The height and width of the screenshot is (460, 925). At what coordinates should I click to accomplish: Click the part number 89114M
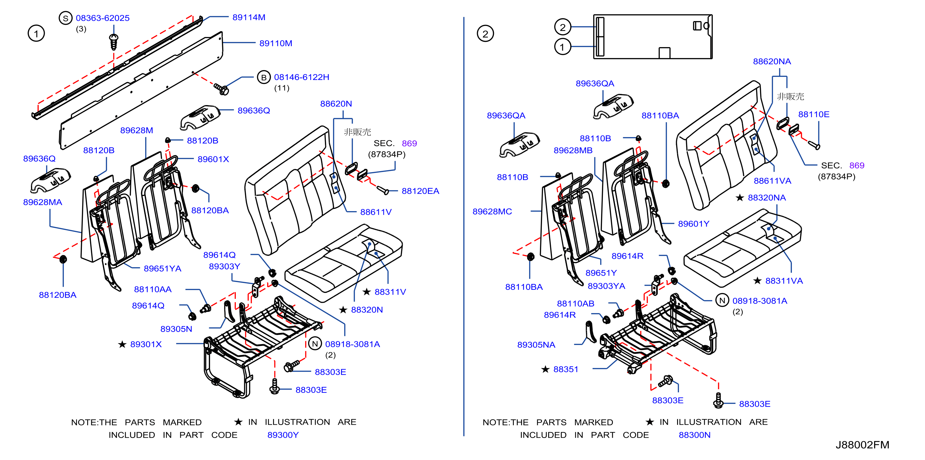[249, 17]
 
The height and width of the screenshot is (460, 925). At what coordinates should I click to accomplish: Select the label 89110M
[276, 43]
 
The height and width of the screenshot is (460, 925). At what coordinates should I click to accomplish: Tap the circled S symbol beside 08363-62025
[65, 18]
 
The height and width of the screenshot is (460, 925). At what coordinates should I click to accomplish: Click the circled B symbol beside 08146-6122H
[263, 77]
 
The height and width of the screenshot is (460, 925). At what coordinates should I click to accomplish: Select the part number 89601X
[213, 159]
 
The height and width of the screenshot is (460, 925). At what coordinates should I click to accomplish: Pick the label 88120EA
[420, 191]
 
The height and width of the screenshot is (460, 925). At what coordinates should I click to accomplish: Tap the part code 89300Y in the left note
[283, 435]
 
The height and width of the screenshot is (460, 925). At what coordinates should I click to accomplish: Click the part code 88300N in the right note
[694, 435]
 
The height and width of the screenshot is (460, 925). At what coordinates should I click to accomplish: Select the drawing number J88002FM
[862, 445]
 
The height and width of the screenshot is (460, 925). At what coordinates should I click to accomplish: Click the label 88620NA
[772, 61]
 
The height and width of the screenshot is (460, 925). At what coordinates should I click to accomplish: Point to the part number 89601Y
[694, 224]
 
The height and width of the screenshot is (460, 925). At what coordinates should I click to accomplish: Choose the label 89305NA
[536, 345]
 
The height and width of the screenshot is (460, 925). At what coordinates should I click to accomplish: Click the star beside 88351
[546, 369]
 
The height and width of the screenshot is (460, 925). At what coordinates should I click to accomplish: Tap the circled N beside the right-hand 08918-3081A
[722, 301]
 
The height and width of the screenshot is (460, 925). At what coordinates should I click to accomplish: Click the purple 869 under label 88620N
[409, 144]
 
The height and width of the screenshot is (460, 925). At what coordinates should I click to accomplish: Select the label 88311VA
[784, 281]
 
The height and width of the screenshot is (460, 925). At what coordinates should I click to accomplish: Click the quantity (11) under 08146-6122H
[282, 88]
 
